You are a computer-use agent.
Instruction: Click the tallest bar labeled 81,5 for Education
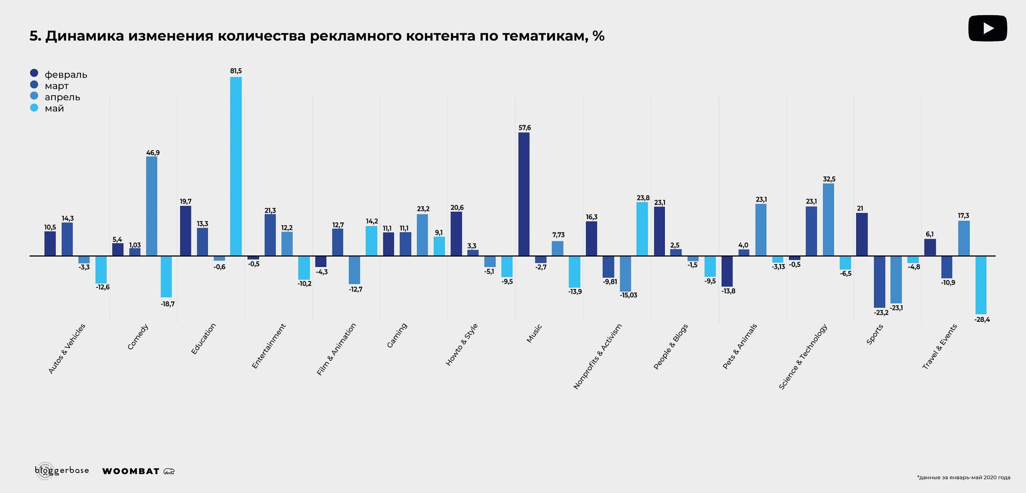tap(236, 166)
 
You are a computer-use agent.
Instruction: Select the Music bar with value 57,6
tap(524, 194)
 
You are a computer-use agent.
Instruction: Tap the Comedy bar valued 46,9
tap(151, 206)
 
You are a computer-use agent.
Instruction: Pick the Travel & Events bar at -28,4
tap(981, 285)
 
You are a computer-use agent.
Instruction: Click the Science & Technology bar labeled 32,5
tap(828, 220)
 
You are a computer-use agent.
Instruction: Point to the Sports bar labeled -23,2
tap(879, 282)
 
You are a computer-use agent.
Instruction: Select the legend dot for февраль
tap(34, 73)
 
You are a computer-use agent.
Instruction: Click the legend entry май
tap(54, 108)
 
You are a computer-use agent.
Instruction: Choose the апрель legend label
tap(62, 97)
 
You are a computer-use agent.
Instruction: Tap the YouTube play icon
tap(987, 28)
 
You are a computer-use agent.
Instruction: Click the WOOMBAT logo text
tap(131, 471)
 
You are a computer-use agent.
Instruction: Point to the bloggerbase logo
tap(62, 470)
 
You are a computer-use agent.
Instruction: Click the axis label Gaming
tap(397, 335)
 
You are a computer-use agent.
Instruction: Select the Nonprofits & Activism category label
tap(597, 356)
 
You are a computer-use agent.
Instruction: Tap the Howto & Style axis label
tap(462, 344)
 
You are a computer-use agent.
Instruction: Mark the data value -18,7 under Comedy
tap(167, 304)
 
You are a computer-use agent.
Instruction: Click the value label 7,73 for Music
tap(558, 235)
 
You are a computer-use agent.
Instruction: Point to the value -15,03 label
tap(628, 295)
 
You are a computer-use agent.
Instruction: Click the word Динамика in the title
tap(85, 36)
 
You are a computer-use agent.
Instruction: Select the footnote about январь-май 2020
tap(963, 477)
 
